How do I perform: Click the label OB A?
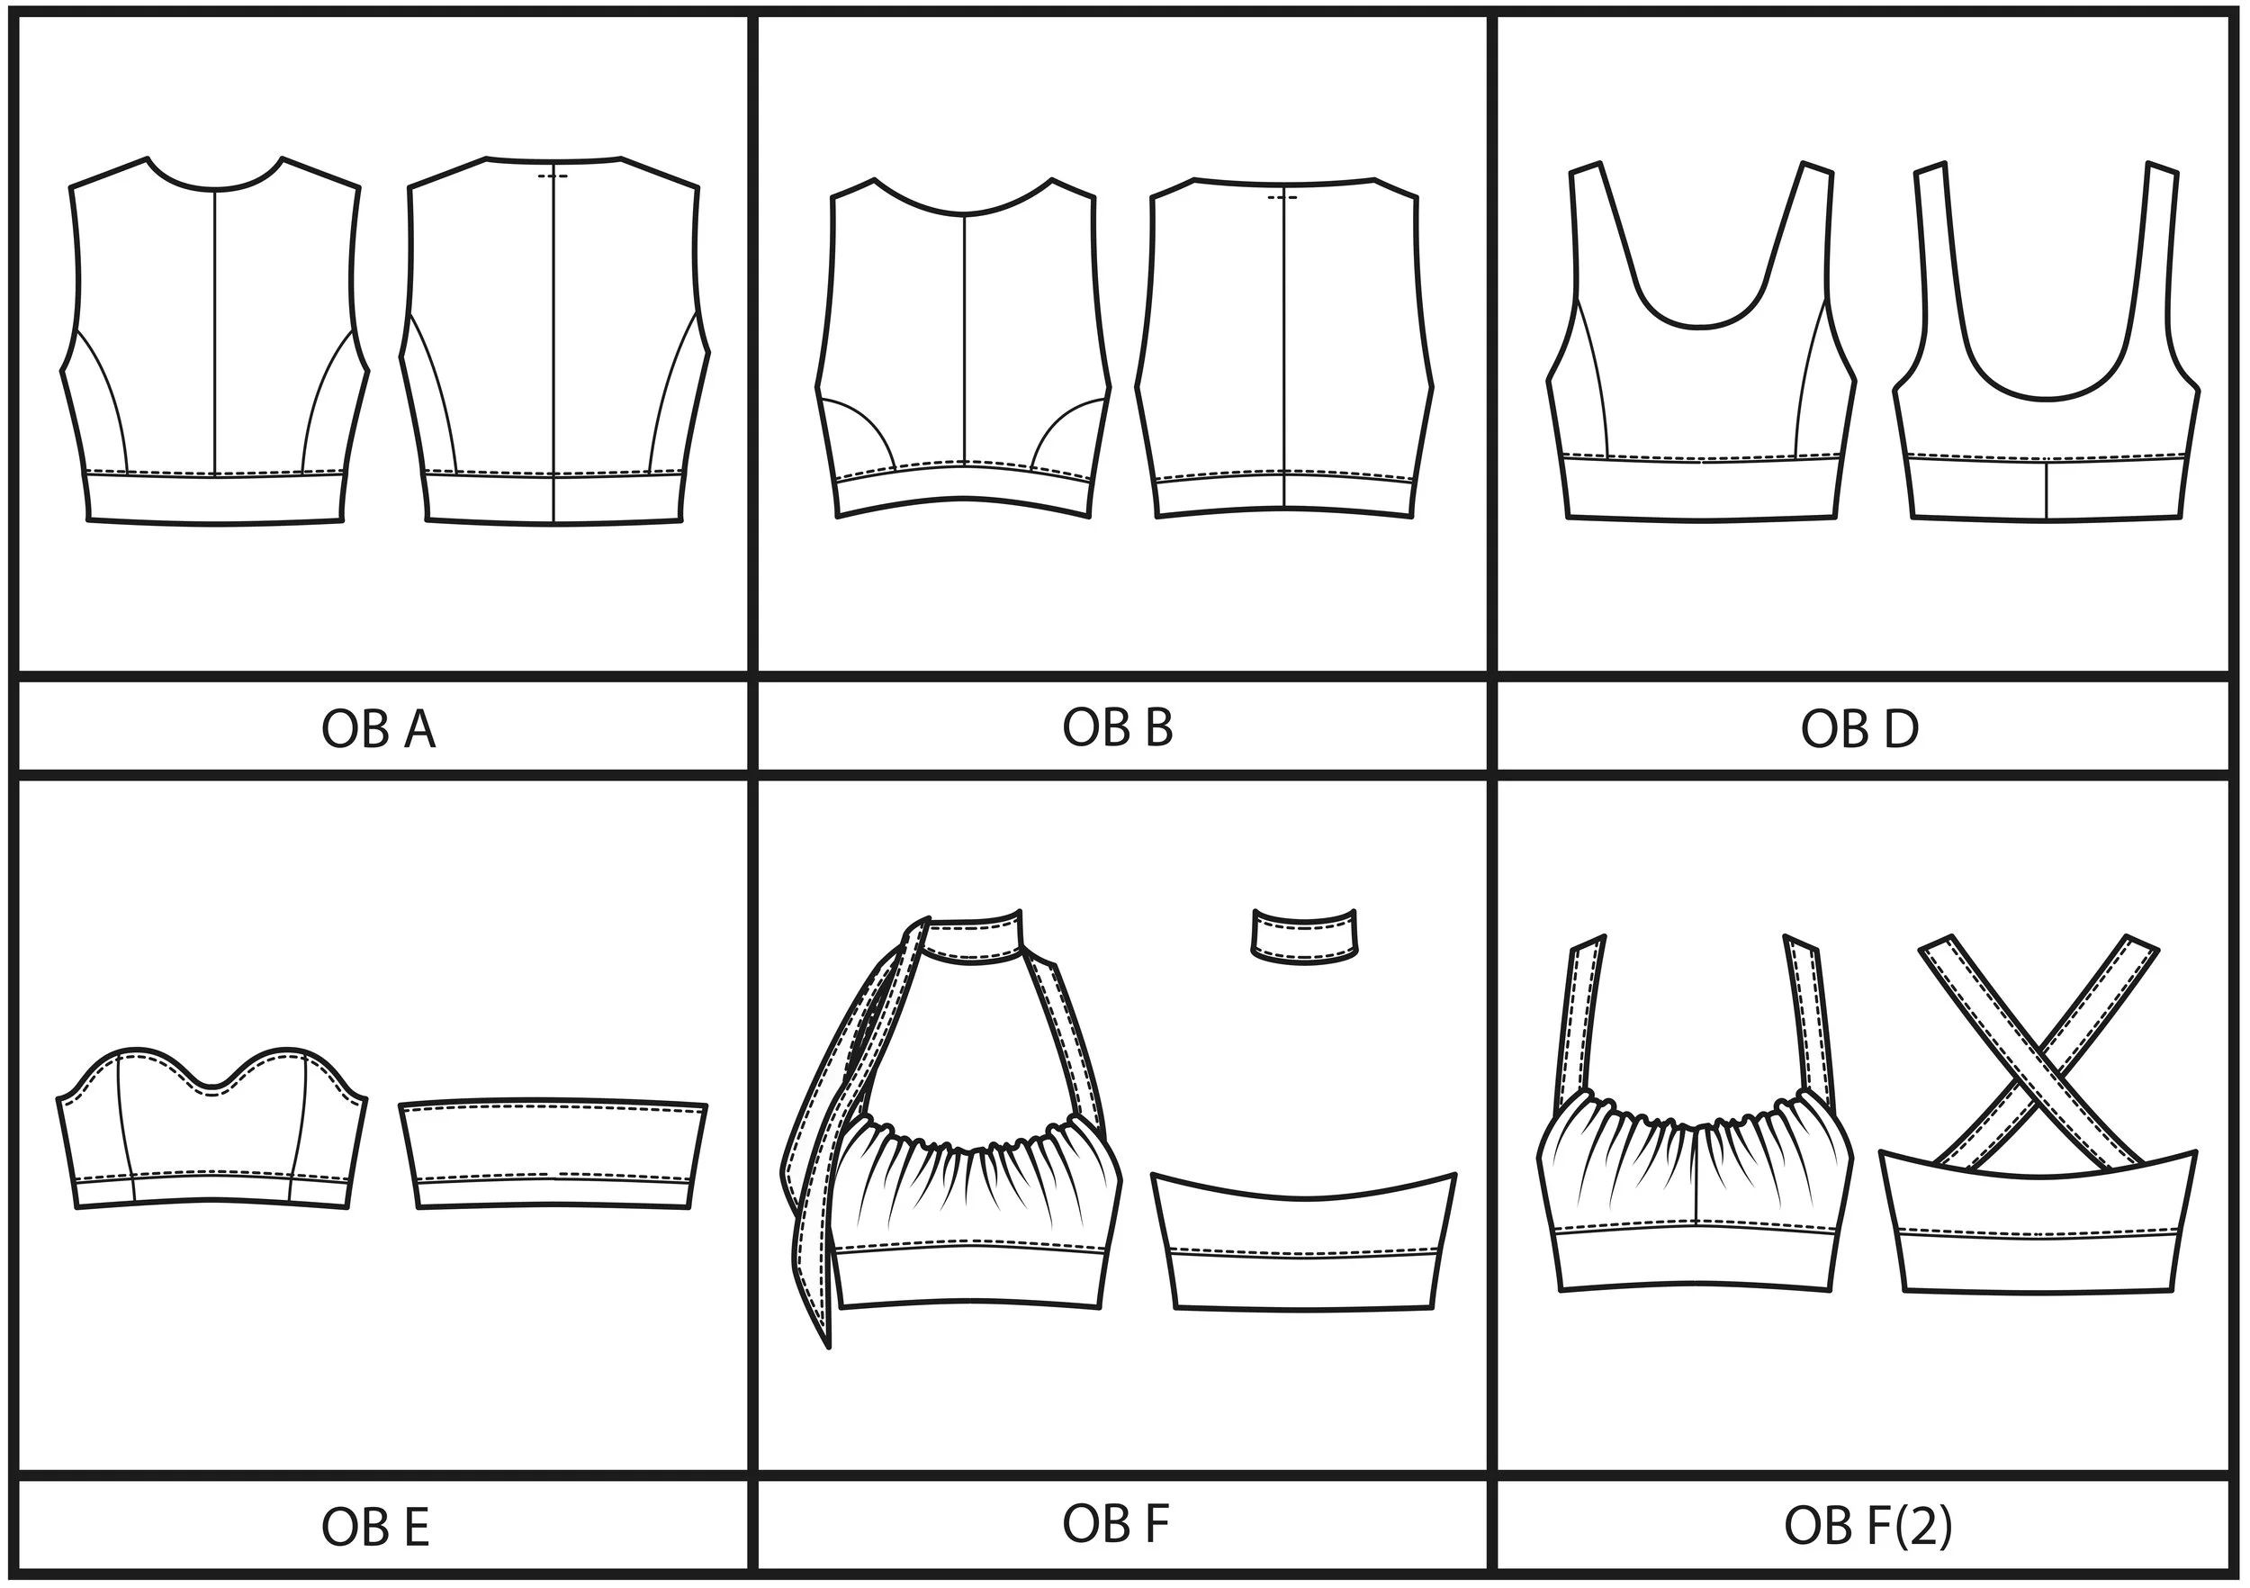click(x=378, y=729)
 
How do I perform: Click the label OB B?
click(x=1117, y=727)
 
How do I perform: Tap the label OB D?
click(x=1859, y=729)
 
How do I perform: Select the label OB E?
click(x=375, y=1526)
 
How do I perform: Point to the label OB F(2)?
click(x=1867, y=1525)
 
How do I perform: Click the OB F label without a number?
click(x=1115, y=1523)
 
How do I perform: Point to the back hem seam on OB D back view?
click(x=2047, y=488)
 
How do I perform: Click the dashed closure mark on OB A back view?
click(x=553, y=176)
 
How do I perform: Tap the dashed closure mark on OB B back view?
click(x=1282, y=197)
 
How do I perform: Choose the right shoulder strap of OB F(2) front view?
click(x=1805, y=1019)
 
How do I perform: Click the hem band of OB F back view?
click(x=1305, y=1280)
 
